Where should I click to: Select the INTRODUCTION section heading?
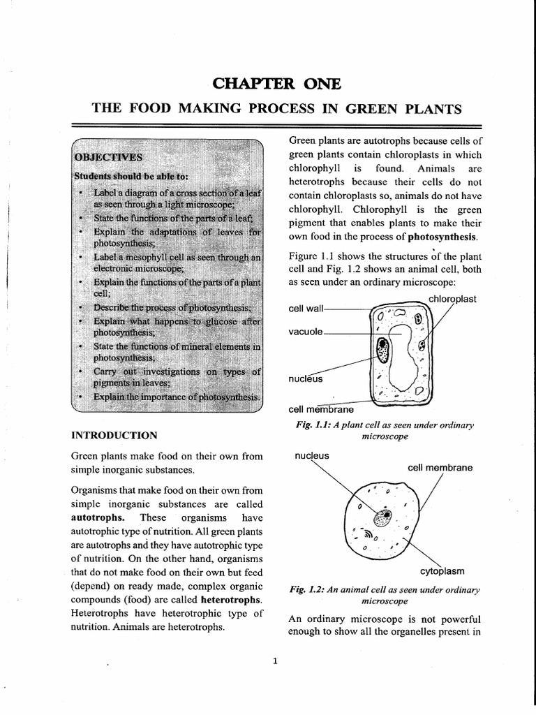coord(114,435)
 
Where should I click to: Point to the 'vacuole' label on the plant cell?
coord(306,332)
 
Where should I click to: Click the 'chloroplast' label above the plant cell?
coord(452,299)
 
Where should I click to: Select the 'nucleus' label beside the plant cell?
coord(305,379)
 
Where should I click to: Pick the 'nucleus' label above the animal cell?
coord(312,455)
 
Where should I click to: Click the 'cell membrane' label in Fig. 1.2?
coord(440,467)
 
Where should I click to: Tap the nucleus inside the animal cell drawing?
coord(382,518)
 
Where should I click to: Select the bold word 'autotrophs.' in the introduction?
coord(97,518)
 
